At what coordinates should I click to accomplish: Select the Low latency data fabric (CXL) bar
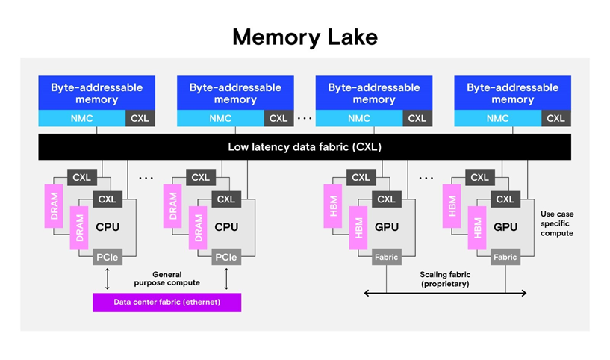[305, 147]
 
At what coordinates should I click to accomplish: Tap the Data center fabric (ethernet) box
[166, 302]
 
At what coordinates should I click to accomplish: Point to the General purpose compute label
[166, 278]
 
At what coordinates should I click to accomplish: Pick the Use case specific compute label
[556, 223]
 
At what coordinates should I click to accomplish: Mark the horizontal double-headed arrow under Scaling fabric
[445, 293]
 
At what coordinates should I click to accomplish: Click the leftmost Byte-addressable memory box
[96, 93]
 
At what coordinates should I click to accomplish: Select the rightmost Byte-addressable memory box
[512, 93]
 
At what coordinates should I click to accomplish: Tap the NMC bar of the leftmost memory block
[82, 118]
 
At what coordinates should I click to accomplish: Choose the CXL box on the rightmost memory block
[555, 118]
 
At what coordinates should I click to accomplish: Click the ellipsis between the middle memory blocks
[304, 118]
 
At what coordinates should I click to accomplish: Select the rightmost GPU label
[506, 226]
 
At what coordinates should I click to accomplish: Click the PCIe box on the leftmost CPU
[105, 258]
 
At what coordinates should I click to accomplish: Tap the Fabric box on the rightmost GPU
[505, 258]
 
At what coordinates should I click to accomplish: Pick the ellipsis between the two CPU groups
[146, 178]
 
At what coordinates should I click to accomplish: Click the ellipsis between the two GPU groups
[426, 178]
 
